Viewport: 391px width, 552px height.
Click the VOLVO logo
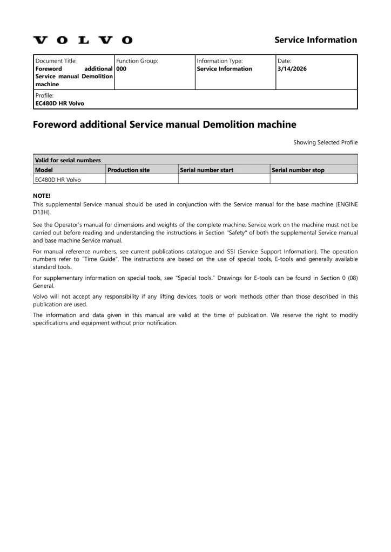(83, 40)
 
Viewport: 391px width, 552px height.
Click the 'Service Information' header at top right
(315, 40)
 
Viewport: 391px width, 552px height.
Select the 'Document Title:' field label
(56, 61)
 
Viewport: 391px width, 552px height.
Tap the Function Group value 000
(122, 69)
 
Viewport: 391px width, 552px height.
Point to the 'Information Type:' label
(219, 61)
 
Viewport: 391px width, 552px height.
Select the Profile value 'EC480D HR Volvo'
(59, 103)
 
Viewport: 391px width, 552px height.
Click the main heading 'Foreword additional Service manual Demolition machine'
(164, 125)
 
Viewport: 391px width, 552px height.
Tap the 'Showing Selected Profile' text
(325, 142)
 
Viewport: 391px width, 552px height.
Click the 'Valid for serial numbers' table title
(68, 160)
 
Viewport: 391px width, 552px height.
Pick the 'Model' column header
(44, 170)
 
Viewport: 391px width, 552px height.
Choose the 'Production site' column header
(129, 170)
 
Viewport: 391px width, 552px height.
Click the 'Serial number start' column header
(207, 170)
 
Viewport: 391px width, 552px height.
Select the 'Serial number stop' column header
(298, 170)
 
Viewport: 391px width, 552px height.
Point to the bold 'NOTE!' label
(42, 196)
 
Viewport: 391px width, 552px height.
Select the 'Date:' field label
(284, 61)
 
